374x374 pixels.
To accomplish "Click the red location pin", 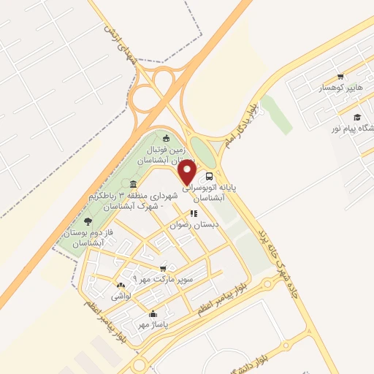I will pos(187,173).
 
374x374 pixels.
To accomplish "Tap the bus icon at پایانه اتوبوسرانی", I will pos(210,176).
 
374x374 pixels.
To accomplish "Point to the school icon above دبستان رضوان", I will pos(194,214).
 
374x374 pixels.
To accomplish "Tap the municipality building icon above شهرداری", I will pos(132,184).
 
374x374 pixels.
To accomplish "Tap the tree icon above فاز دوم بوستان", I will pos(88,220).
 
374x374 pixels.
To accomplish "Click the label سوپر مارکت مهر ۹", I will pos(163,280).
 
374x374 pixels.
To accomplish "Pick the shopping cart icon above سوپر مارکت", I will pos(163,268).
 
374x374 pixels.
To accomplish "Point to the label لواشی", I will pos(121,297).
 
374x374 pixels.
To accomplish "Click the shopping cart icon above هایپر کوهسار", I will pos(340,77).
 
